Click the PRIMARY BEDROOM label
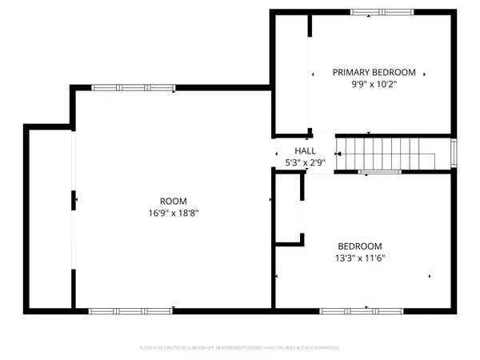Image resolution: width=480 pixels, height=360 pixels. tap(374, 72)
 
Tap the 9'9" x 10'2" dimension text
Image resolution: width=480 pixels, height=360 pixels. tap(374, 84)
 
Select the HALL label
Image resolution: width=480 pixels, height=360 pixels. tap(305, 150)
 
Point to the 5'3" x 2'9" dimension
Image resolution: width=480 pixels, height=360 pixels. tap(305, 162)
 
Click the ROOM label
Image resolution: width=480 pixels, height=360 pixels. tap(173, 201)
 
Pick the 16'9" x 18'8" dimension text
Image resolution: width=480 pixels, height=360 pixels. tap(173, 214)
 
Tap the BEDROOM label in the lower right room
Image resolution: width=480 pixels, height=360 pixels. tap(359, 246)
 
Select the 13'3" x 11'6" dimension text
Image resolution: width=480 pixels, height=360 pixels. tap(359, 258)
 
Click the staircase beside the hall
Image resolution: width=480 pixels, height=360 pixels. tap(384, 152)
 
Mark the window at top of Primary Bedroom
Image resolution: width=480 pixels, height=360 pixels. tap(383, 12)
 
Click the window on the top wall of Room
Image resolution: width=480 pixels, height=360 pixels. tap(133, 87)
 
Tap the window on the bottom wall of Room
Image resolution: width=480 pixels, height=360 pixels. tap(130, 310)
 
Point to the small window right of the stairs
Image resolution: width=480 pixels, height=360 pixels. tap(454, 151)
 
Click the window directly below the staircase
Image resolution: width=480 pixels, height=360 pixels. tap(380, 172)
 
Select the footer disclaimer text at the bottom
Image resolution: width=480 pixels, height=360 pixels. tap(240, 348)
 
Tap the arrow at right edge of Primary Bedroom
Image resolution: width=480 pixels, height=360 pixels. tap(425, 74)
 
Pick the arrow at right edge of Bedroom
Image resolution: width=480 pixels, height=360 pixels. tap(430, 277)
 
